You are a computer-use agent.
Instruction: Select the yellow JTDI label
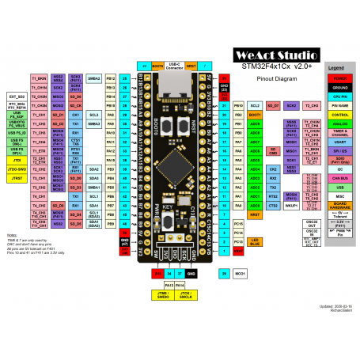tap(16, 160)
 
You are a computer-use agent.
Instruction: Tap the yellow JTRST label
tap(16, 180)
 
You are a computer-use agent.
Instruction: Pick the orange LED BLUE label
tap(256, 241)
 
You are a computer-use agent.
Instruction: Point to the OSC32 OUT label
tap(311, 223)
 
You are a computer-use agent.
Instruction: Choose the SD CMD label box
tap(273, 150)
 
